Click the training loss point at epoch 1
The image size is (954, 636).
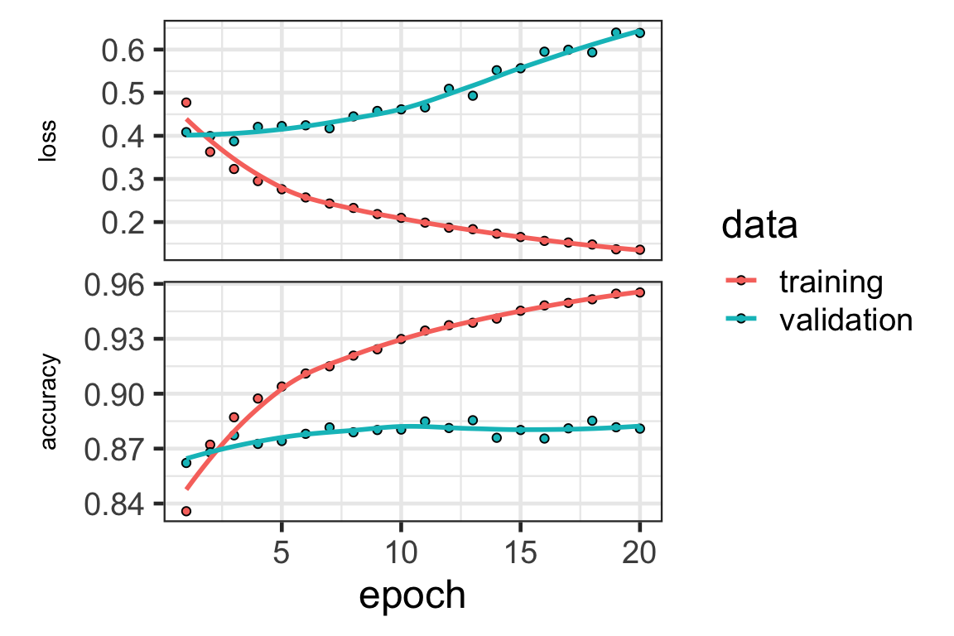coord(186,103)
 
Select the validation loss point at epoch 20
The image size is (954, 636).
coord(640,33)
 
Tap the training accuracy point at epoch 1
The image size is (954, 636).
coord(186,511)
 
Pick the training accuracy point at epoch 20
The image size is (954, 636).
coord(640,292)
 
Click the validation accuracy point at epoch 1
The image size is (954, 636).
coord(186,463)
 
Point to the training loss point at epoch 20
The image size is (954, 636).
coord(640,249)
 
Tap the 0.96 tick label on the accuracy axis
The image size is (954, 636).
coord(113,285)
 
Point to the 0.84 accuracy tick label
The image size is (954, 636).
coord(113,503)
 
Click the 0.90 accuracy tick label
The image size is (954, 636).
coord(113,394)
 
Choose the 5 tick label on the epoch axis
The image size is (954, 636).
coord(282,552)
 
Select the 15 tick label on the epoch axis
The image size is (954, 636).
coord(521,552)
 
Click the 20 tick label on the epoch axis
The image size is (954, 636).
coord(640,552)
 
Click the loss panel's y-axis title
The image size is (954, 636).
coord(50,142)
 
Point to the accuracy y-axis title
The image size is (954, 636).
coord(50,402)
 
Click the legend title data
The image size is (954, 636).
coord(759,226)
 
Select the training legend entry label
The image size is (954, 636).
coord(831,282)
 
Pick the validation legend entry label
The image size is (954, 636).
coord(846,320)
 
